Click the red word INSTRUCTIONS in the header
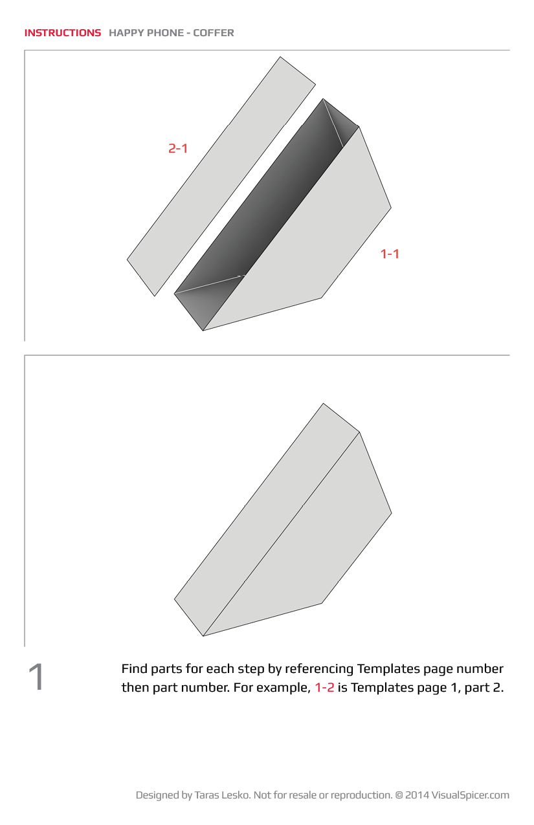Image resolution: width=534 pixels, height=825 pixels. pyautogui.click(x=63, y=33)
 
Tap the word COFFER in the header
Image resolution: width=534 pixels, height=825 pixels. pyautogui.click(x=214, y=33)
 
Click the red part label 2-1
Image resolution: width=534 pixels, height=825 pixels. pyautogui.click(x=178, y=148)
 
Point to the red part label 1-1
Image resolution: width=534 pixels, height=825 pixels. pyautogui.click(x=390, y=254)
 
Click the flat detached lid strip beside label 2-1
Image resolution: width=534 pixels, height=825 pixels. pyautogui.click(x=221, y=176)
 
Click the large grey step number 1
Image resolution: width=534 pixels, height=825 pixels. pyautogui.click(x=36, y=677)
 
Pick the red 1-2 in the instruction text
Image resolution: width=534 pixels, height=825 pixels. pyautogui.click(x=324, y=688)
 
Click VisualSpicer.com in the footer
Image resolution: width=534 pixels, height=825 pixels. pyautogui.click(x=471, y=795)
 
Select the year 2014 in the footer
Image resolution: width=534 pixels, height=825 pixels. pyautogui.click(x=417, y=795)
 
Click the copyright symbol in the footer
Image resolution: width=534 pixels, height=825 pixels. pyautogui.click(x=399, y=795)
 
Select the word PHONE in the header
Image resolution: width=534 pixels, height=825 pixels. pyautogui.click(x=165, y=33)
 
